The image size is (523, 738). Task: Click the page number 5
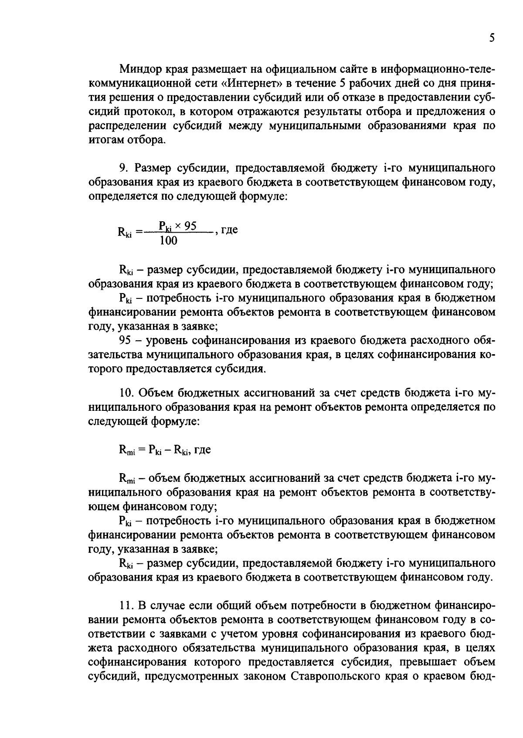click(x=492, y=38)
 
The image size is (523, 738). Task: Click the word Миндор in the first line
click(x=140, y=69)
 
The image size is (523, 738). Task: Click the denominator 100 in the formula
click(x=168, y=240)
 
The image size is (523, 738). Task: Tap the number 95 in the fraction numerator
click(x=190, y=226)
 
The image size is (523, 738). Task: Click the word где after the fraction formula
click(x=229, y=230)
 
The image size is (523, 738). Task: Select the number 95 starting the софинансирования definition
click(x=125, y=340)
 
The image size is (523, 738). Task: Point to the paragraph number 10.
click(x=127, y=393)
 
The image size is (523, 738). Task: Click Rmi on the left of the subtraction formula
click(x=127, y=450)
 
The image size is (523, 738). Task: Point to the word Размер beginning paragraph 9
click(x=153, y=168)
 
